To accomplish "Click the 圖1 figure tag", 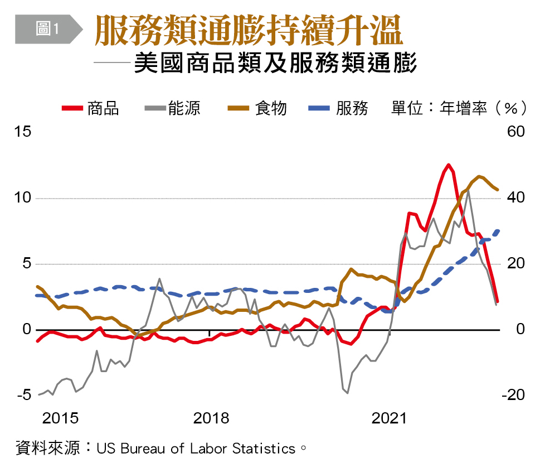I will click(x=47, y=29).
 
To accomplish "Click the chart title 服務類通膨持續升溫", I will click(x=249, y=30).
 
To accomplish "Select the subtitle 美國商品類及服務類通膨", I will click(x=275, y=63).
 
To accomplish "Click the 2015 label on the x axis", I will click(x=60, y=418).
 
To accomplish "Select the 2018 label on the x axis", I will click(x=211, y=418).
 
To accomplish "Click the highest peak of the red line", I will click(x=449, y=165).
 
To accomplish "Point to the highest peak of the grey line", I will click(x=468, y=190).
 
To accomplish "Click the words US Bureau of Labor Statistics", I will click(x=196, y=448).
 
